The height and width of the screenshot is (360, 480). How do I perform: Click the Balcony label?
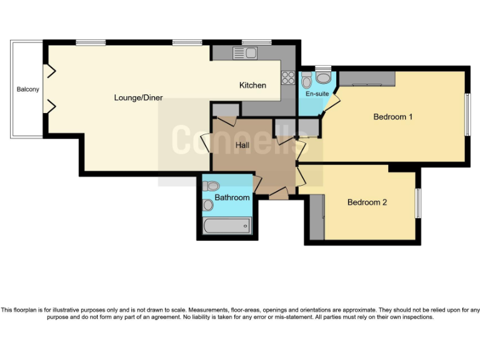(x=27, y=89)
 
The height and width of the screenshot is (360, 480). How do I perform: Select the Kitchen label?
(x=252, y=85)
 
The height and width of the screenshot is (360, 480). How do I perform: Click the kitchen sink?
(x=245, y=53)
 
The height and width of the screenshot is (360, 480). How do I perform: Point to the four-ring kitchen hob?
(x=288, y=77)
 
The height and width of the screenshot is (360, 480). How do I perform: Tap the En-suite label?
(x=317, y=94)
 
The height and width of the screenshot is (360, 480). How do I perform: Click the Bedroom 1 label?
(x=392, y=116)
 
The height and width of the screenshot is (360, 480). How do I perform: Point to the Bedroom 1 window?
(x=466, y=114)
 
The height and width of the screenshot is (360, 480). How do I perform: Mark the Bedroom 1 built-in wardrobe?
(x=367, y=79)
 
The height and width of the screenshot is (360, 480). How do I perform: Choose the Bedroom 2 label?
(x=367, y=202)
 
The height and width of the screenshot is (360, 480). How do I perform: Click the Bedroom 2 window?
(x=419, y=202)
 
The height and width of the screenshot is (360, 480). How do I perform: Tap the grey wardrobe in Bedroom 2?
(x=316, y=217)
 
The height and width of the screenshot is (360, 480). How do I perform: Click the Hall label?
(x=243, y=145)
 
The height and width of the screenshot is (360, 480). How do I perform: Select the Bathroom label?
(x=232, y=197)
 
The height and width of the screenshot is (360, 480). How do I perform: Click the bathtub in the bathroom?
(x=228, y=225)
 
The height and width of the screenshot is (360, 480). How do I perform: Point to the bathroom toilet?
(x=211, y=186)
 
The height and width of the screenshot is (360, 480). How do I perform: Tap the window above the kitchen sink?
(x=256, y=42)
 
